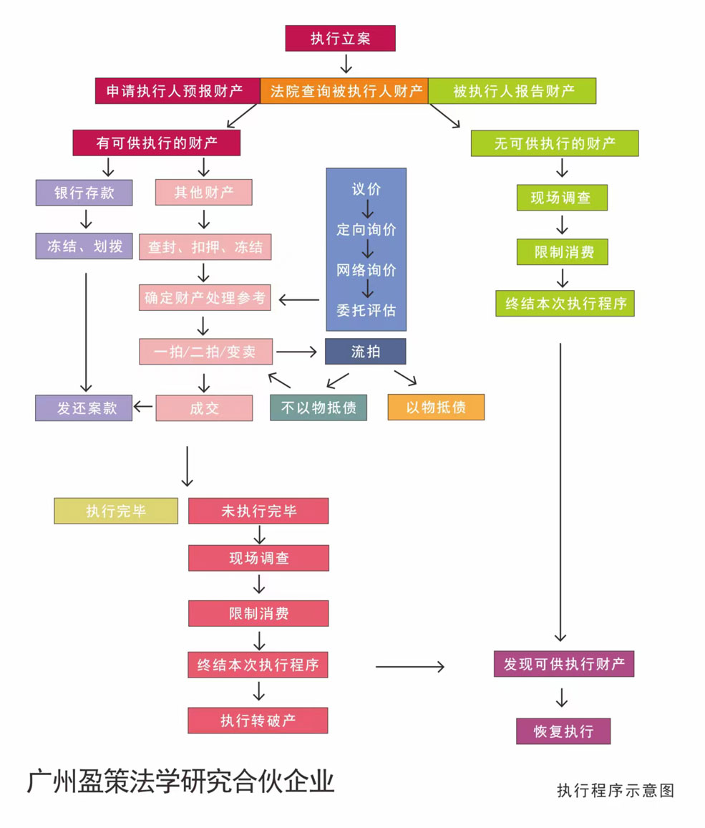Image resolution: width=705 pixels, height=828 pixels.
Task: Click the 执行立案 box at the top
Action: pyautogui.click(x=340, y=38)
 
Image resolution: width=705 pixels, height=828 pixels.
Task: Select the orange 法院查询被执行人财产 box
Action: pyautogui.click(x=344, y=92)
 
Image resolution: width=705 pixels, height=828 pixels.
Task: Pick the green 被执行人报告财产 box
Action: pyautogui.click(x=512, y=92)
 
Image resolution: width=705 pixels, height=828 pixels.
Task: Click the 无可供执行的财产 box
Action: pyautogui.click(x=555, y=143)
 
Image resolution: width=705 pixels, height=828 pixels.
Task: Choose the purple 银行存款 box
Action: pyautogui.click(x=84, y=192)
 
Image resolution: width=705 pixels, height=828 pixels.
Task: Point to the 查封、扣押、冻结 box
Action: pyautogui.click(x=205, y=248)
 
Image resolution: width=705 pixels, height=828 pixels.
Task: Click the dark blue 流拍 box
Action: pyautogui.click(x=365, y=352)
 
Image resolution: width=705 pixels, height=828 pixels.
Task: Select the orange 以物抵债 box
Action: pyautogui.click(x=436, y=407)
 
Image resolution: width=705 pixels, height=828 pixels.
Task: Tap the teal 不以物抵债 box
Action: pyautogui.click(x=319, y=408)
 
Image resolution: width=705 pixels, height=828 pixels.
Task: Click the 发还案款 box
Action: pyautogui.click(x=84, y=408)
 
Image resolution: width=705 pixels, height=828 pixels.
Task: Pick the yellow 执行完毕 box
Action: pyautogui.click(x=116, y=511)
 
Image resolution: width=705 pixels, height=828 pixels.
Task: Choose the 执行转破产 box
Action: pyautogui.click(x=258, y=721)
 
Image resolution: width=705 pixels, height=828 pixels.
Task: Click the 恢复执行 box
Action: pyautogui.click(x=563, y=731)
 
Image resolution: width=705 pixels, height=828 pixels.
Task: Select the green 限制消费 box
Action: pyautogui.click(x=562, y=252)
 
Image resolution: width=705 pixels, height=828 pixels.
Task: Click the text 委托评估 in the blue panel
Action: pyautogui.click(x=366, y=310)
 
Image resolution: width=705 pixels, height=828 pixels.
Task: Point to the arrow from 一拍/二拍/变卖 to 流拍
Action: pyautogui.click(x=296, y=352)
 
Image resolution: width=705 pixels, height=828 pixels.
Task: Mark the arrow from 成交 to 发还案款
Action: pyautogui.click(x=143, y=408)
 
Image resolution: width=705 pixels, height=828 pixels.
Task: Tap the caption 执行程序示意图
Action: pyautogui.click(x=616, y=790)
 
